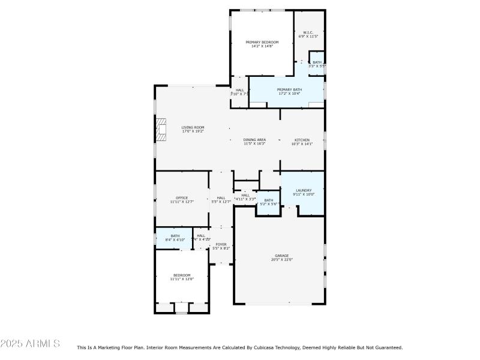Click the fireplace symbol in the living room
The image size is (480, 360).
(x=160, y=129)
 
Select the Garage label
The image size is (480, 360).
(x=281, y=256)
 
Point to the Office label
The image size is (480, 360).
(x=182, y=198)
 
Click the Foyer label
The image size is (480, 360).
(x=221, y=244)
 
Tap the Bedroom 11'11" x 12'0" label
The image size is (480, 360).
(x=182, y=275)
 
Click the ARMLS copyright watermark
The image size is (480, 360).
(x=30, y=344)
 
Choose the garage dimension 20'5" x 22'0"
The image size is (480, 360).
(x=281, y=260)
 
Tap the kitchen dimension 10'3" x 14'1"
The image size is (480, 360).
(x=302, y=144)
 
